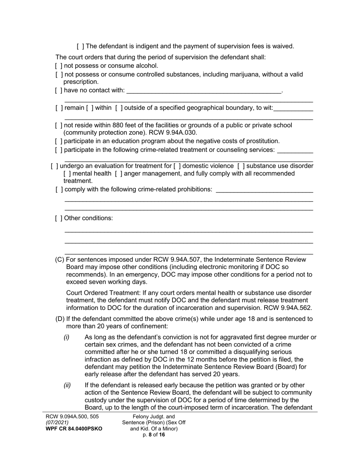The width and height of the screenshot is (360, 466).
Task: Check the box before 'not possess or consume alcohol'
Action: [x=58, y=66]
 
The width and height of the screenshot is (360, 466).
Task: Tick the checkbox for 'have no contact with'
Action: [x=58, y=91]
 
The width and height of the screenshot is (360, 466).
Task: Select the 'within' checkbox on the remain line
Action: [x=89, y=108]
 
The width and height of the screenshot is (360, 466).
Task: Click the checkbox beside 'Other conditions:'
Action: [x=58, y=218]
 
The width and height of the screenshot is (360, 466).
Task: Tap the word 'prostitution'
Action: [x=261, y=141]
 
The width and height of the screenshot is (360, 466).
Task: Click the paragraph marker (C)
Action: [x=59, y=260]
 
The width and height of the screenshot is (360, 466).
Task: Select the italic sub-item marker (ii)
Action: [x=67, y=385]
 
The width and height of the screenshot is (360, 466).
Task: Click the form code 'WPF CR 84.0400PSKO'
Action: [x=74, y=428]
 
